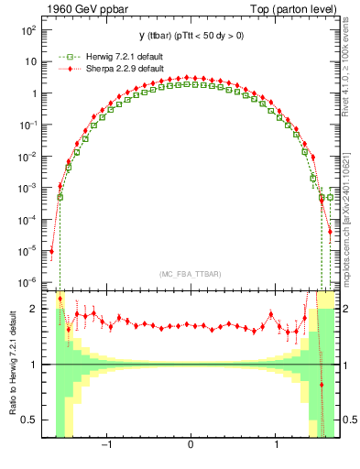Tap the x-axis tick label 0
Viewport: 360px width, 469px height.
pyautogui.click(x=190, y=446)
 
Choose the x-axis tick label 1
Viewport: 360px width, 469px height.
pyautogui.click(x=277, y=446)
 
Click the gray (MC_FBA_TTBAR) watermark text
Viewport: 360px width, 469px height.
pyautogui.click(x=190, y=274)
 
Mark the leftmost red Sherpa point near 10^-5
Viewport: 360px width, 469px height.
pyautogui.click(x=52, y=250)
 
